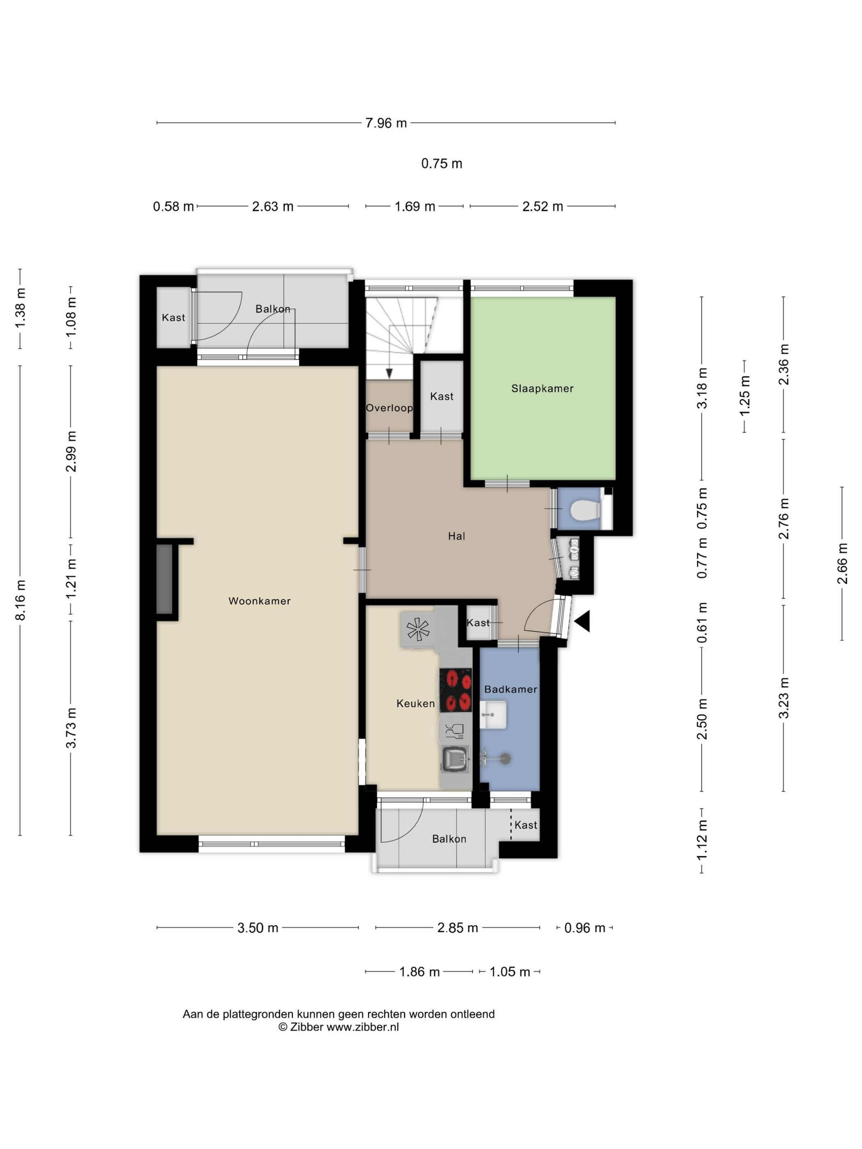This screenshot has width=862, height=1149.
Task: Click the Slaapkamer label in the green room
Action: (542, 389)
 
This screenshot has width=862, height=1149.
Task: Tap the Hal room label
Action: (456, 536)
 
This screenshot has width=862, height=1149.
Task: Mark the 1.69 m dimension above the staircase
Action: (415, 207)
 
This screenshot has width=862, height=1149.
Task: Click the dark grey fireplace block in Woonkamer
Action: (165, 579)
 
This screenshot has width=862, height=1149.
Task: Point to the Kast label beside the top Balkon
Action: (173, 317)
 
